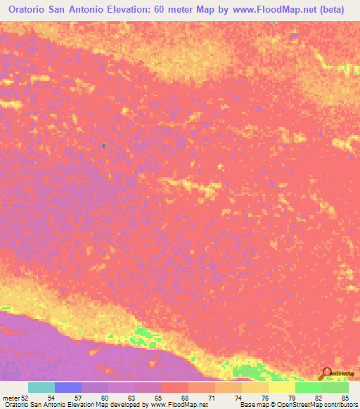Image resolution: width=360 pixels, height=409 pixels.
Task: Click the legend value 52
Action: pos(25,398)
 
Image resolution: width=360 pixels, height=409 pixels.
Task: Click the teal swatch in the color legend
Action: pos(41,387)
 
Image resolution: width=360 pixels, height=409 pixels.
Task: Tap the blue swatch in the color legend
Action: pos(68,387)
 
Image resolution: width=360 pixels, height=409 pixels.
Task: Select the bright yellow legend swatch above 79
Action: pos(282,387)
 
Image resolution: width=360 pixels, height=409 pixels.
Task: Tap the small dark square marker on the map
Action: pos(104,146)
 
